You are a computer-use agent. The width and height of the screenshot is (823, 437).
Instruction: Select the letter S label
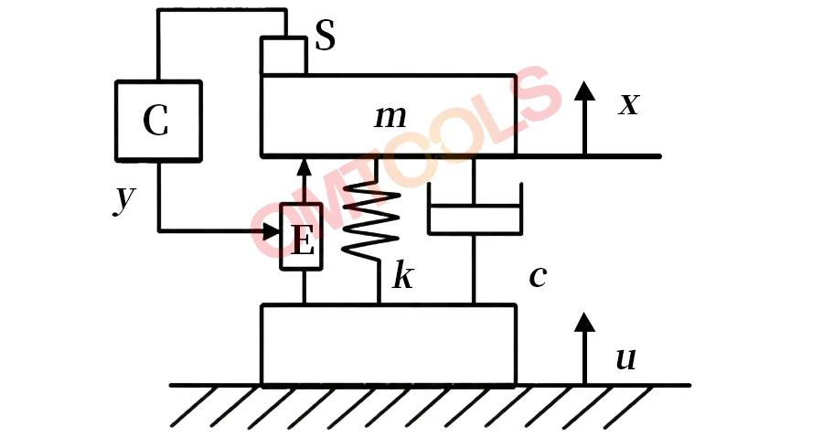click(x=326, y=36)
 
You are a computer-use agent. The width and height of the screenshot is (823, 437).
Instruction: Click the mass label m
click(x=390, y=117)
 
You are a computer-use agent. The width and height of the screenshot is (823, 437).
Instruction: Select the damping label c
click(x=538, y=275)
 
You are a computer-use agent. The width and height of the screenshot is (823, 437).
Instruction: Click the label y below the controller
click(x=125, y=198)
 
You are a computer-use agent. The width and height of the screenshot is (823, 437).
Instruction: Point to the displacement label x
click(x=628, y=103)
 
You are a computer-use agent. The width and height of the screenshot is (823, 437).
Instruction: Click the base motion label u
click(x=625, y=359)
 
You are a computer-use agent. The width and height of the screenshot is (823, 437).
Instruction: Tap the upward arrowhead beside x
click(x=584, y=91)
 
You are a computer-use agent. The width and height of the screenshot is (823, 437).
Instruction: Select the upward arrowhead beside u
click(x=584, y=322)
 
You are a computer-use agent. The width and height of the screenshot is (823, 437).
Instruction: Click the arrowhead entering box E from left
click(x=271, y=229)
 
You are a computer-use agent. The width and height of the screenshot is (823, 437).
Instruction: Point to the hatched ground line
click(x=430, y=385)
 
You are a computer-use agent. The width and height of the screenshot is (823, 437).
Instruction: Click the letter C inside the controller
click(x=155, y=120)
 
